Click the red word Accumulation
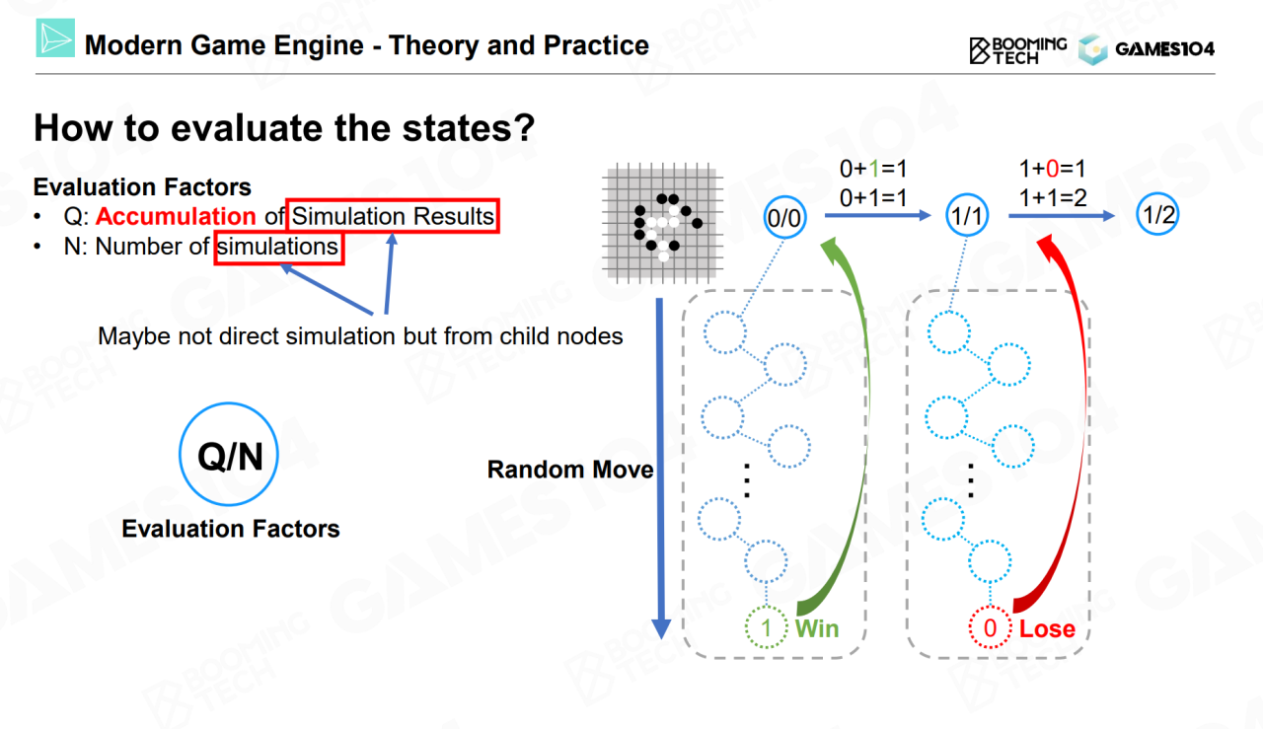click(x=176, y=216)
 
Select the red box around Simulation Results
click(x=393, y=199)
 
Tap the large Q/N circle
click(x=229, y=403)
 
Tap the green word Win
click(x=817, y=628)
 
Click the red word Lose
click(x=1047, y=628)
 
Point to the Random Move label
click(x=570, y=470)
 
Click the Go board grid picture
click(x=662, y=223)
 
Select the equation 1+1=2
click(x=1052, y=198)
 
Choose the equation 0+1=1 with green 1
click(x=873, y=169)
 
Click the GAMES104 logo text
click(x=1165, y=49)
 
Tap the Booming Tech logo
click(x=1017, y=50)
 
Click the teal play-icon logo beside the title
click(x=55, y=37)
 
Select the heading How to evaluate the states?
click(x=284, y=127)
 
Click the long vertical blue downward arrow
click(x=660, y=468)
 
